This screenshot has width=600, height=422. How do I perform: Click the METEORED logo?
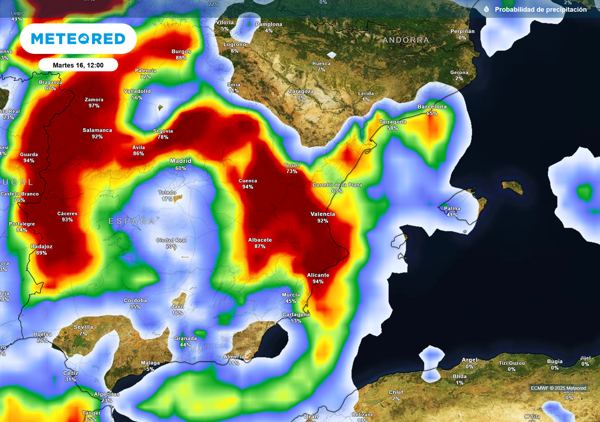tap(78, 39)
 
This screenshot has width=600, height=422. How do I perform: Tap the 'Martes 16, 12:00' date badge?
tap(78, 65)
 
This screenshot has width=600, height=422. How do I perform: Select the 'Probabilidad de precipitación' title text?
tap(540, 9)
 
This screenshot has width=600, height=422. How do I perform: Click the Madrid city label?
tap(180, 161)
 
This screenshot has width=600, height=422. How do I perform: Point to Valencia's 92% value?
tap(323, 222)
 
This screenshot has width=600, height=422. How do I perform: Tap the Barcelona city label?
tap(432, 107)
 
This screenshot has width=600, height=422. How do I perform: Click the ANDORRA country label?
tap(405, 40)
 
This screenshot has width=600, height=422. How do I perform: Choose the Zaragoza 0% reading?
tap(301, 98)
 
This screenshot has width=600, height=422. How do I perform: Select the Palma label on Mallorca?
tap(452, 208)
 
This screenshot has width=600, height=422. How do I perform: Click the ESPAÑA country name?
tap(132, 221)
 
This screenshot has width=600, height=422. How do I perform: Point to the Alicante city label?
tap(318, 275)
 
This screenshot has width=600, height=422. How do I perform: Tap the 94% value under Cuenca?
tap(248, 187)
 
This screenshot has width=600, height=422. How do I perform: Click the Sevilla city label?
tap(83, 327)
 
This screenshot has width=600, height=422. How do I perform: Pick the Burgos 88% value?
tap(181, 58)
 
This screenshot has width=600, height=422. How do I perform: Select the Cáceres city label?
tap(67, 213)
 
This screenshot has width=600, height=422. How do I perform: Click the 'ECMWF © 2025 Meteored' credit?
tap(558, 388)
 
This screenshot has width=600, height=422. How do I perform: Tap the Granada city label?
tap(185, 338)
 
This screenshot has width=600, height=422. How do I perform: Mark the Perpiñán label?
tap(462, 31)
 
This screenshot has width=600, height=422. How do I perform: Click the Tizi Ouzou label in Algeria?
tap(512, 363)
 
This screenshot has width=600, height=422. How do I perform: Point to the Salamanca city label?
tap(97, 130)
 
